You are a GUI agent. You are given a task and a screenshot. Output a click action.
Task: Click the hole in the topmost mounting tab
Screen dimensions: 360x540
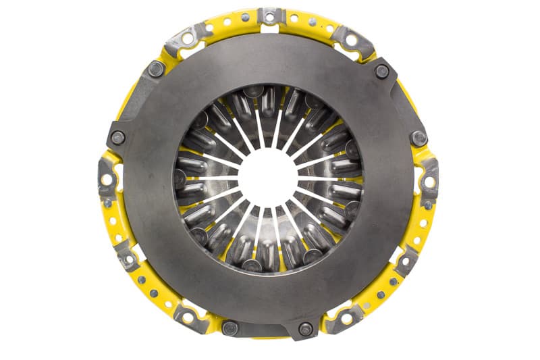(x=271, y=16)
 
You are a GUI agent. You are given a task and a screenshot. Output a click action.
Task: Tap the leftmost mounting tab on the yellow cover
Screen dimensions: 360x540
(x=106, y=178)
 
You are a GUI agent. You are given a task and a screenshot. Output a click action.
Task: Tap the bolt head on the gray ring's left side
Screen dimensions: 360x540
(x=117, y=138)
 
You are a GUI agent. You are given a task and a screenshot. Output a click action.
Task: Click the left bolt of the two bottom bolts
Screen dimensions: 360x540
(x=230, y=328)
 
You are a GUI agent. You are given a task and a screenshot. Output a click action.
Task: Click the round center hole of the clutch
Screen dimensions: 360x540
(x=269, y=178)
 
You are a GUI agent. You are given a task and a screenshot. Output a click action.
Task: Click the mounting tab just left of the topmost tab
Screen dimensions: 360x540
(x=189, y=37)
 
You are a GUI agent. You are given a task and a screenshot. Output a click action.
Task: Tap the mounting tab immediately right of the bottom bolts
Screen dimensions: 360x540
(x=346, y=317)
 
